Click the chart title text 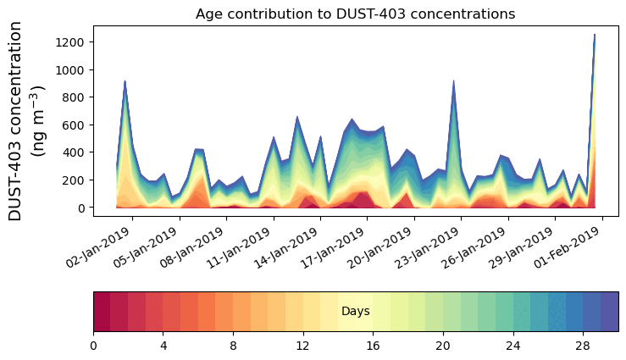tap(355, 14)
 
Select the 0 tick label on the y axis tap(80, 208)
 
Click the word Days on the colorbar tap(355, 312)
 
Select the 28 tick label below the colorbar tap(583, 346)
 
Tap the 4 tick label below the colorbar tap(163, 346)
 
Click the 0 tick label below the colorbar tap(93, 346)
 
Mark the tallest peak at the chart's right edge tap(595, 36)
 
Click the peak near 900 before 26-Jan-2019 tap(454, 81)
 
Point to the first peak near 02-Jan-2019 tap(125, 82)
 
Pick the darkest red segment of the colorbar tap(102, 312)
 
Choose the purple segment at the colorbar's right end tap(609, 312)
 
